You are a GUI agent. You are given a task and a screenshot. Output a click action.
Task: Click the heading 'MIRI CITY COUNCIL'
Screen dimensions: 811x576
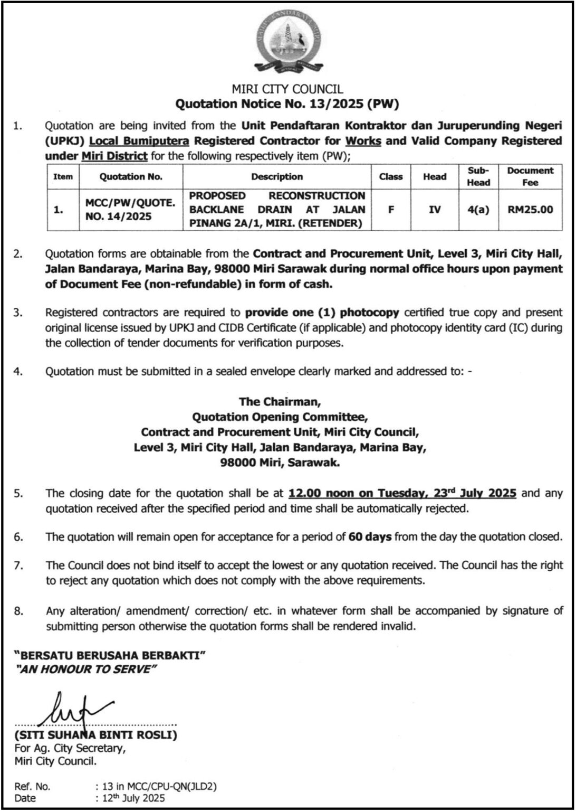coord(287,90)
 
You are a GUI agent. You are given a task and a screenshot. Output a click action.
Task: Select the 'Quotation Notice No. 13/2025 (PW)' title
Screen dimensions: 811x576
coord(287,104)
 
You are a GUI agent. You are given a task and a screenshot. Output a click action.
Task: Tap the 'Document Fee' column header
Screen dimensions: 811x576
coord(530,176)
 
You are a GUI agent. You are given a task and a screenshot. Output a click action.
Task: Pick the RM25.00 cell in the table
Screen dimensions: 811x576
coord(530,210)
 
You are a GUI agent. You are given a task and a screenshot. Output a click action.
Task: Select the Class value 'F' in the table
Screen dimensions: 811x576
coord(391,210)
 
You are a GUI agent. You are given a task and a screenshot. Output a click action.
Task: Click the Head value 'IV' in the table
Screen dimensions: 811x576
coord(435,210)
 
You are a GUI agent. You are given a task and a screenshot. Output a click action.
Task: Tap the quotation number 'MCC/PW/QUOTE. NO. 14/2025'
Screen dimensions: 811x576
coord(130,210)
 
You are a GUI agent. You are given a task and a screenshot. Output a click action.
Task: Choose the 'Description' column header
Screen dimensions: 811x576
coord(277,177)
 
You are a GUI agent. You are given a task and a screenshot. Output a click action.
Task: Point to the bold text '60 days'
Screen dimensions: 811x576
coord(370,537)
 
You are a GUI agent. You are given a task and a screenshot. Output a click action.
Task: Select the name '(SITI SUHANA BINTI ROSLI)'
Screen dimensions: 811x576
coord(96,735)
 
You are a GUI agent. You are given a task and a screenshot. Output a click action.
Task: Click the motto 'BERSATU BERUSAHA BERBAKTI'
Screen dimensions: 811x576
coord(110,656)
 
